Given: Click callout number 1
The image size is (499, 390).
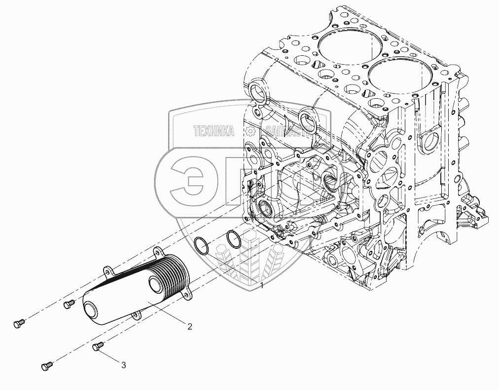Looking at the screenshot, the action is tap(262, 285).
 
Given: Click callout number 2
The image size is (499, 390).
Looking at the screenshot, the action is tap(189, 326).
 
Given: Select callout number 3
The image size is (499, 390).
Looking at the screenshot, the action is tap(124, 365).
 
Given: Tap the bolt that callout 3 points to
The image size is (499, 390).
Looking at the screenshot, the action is tap(98, 347).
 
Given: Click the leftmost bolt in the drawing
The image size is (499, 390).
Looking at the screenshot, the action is tap(18, 324).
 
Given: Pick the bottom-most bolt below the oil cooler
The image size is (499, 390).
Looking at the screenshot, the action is tap(46, 366).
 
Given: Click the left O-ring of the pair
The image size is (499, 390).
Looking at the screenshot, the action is tap(201, 245).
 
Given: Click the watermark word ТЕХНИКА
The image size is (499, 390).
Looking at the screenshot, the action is tap(214, 131).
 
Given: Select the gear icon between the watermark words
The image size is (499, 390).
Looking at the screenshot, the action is tap(250, 131).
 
